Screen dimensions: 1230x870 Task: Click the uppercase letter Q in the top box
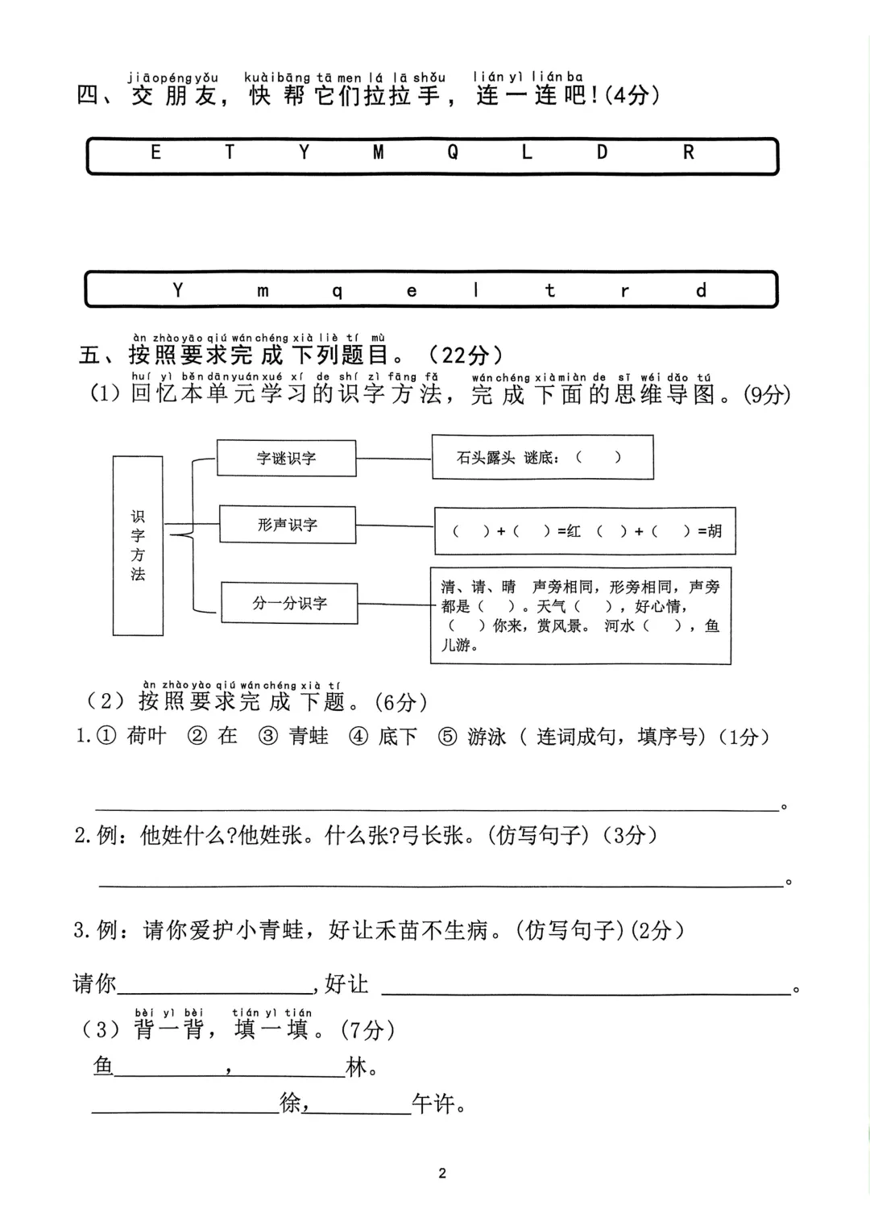(453, 152)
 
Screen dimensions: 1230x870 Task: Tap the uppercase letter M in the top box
(378, 152)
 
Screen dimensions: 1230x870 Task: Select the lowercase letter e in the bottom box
(412, 291)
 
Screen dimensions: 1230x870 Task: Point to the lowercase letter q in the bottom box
(338, 292)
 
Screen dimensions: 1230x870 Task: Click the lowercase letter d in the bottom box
(701, 289)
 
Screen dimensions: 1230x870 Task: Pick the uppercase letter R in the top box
(688, 152)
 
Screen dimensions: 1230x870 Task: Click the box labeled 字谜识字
(286, 458)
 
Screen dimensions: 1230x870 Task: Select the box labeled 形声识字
(287, 525)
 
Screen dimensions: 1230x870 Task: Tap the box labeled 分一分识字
(289, 603)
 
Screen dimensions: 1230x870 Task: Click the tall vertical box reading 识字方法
(138, 546)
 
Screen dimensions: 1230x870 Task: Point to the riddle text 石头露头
(486, 458)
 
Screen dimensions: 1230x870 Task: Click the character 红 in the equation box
(574, 531)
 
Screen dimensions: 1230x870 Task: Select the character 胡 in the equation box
(715, 531)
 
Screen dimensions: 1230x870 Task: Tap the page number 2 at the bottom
(442, 1173)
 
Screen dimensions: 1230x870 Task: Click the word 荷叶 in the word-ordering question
(147, 736)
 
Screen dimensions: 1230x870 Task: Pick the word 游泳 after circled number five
(487, 737)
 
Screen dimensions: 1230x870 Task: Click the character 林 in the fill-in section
(356, 1067)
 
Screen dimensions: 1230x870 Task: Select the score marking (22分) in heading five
(466, 355)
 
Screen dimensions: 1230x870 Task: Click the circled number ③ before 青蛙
(267, 737)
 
